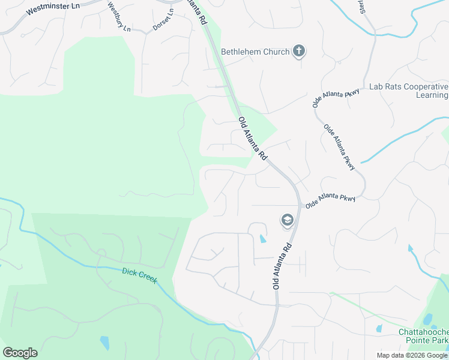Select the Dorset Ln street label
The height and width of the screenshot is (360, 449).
[163, 20]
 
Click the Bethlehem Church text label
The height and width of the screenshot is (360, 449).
[255, 52]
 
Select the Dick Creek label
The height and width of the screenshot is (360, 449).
[139, 275]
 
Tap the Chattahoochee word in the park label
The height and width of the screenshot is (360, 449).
[424, 332]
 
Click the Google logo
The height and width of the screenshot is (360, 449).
[20, 353]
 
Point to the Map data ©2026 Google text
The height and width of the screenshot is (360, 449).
[412, 355]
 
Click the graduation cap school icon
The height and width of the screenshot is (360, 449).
[288, 220]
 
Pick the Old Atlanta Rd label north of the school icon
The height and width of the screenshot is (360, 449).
[252, 138]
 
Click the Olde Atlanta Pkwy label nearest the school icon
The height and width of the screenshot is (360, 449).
[330, 200]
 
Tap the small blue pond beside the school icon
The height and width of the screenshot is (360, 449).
[262, 239]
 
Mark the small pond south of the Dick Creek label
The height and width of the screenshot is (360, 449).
[105, 343]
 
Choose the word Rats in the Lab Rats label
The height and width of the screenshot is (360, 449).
[391, 86]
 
